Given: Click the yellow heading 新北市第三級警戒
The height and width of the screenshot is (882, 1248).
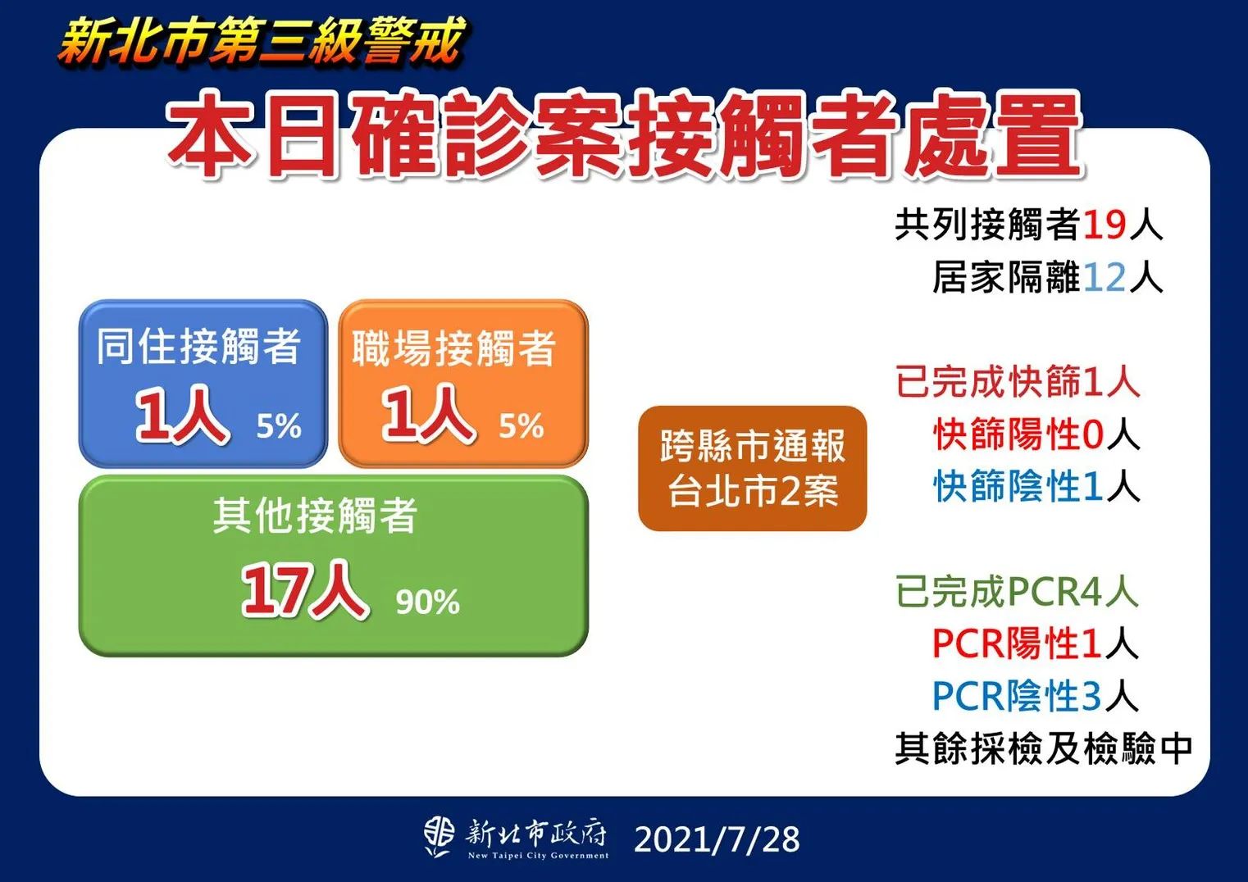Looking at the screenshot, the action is coord(261,41).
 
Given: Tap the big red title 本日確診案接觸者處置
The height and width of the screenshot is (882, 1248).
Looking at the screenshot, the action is coord(624,135).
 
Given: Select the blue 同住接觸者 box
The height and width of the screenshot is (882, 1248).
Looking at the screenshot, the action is coord(203,384).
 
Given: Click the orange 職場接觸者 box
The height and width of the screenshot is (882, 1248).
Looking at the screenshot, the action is coord(463,384).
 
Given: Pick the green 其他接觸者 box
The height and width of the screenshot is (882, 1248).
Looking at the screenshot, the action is coord(333,566).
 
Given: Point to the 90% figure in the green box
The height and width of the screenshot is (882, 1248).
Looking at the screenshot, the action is coord(427,602).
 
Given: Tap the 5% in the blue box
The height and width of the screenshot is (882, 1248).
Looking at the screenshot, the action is coord(279,426).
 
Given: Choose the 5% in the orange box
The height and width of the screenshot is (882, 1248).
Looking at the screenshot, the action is coord(521,426).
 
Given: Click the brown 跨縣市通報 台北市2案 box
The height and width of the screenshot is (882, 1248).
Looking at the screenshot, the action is coord(752,468).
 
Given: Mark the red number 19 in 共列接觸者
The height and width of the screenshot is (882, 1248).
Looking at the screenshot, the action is coord(1105,225).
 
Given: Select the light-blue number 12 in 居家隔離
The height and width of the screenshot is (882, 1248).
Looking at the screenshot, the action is coord(1105,277).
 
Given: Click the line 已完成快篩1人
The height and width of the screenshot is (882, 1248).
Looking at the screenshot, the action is coord(1018,381).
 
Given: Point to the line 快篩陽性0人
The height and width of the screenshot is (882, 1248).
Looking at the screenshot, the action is coord(1036,434).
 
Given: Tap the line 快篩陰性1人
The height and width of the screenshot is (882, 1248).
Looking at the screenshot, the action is coord(1036,486).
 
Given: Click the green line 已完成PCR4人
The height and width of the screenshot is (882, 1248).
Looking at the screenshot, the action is coord(1017,591).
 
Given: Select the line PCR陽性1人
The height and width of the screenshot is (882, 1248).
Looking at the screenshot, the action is coord(1035,643).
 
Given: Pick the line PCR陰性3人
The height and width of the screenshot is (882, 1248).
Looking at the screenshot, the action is coord(1035,695).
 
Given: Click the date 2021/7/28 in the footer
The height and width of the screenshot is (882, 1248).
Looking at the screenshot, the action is coord(717,839).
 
